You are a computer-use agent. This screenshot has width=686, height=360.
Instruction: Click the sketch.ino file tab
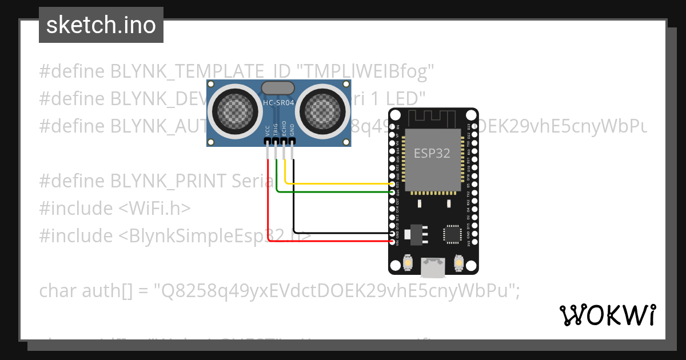pos(101,25)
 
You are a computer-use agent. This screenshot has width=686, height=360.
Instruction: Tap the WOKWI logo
pos(607,315)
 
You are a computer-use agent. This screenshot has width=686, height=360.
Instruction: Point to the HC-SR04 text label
pos(278,103)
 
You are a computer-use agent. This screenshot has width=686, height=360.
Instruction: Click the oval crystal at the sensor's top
pos(278,87)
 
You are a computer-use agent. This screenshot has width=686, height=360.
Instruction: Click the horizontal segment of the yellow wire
pos(337,184)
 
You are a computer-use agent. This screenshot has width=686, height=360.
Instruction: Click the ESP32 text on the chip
pos(432,153)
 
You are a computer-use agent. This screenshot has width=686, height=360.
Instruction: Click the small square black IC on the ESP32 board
pos(452,234)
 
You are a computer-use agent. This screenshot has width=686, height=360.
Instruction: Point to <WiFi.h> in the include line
pos(154,209)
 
